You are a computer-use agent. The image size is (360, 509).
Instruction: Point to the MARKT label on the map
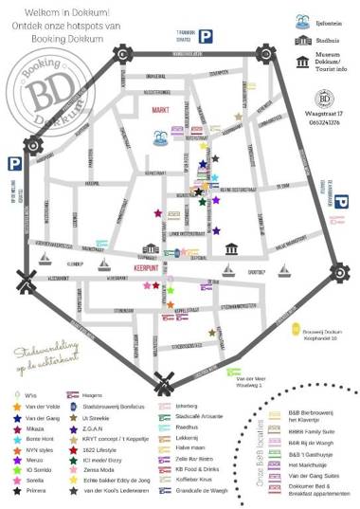tap(160, 110)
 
